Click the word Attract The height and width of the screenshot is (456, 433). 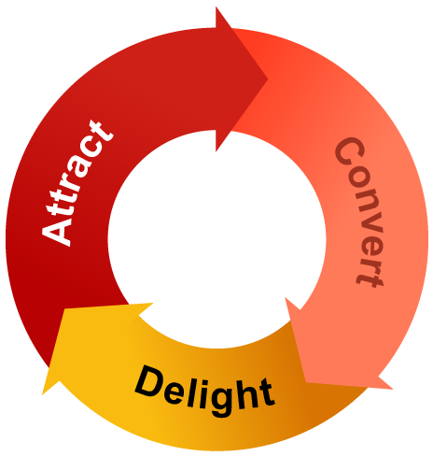[x=77, y=184]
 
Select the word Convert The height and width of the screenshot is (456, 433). [x=359, y=212]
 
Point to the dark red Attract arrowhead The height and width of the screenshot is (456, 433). [x=241, y=78]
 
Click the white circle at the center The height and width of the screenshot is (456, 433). [x=216, y=239]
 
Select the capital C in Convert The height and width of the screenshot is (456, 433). [x=350, y=151]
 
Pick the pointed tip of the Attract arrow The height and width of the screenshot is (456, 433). [x=268, y=78]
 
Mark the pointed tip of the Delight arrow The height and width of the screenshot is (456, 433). [x=42, y=395]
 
